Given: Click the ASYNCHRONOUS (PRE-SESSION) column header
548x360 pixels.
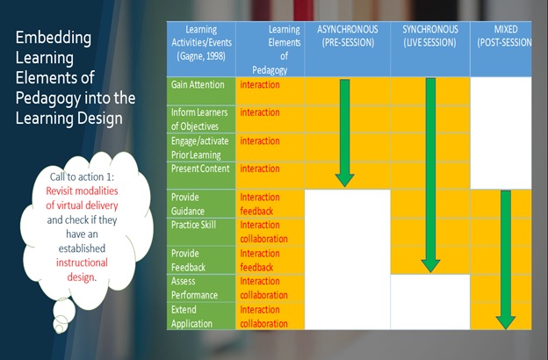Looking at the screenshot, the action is (348, 36).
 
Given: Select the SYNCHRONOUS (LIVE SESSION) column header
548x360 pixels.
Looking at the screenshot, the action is (430, 36).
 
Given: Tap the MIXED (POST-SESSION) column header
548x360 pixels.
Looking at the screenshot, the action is (504, 36).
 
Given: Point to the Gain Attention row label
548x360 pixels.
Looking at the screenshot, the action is (198, 84).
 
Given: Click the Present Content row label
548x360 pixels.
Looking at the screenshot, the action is (200, 169).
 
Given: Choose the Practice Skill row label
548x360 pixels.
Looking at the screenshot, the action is (193, 225).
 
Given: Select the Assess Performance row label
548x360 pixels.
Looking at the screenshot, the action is (194, 288).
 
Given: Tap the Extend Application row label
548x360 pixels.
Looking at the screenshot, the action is (191, 317).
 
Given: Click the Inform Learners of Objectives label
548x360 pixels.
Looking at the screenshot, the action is (199, 119).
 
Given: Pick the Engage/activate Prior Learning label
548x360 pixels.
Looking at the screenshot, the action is (200, 148).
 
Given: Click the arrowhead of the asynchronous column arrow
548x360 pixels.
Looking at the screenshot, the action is (344, 181).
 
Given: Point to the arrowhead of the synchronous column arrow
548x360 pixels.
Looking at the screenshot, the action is (430, 266).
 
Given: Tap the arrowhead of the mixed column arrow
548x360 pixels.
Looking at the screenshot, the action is (506, 322).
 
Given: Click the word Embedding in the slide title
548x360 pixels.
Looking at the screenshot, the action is (53, 39).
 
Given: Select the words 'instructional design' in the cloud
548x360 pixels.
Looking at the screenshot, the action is (82, 270).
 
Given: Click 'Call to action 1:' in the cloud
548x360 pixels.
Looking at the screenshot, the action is (82, 176).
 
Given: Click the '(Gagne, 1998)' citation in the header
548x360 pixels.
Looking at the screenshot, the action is (201, 56).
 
